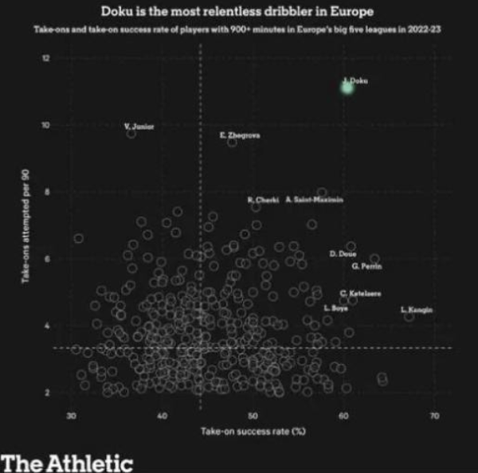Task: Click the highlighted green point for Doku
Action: [347, 87]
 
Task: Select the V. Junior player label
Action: [139, 127]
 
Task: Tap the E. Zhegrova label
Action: [240, 136]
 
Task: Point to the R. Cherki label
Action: [262, 199]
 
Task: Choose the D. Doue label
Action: [343, 253]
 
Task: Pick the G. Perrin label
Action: [366, 266]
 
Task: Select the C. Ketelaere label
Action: [360, 294]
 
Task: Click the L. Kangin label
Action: [416, 309]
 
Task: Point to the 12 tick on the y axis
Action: [46, 59]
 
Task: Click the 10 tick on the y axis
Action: [46, 126]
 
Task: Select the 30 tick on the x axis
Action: [72, 416]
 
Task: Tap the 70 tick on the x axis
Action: [433, 416]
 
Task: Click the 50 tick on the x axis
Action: [253, 416]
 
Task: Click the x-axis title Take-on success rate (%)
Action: [253, 432]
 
